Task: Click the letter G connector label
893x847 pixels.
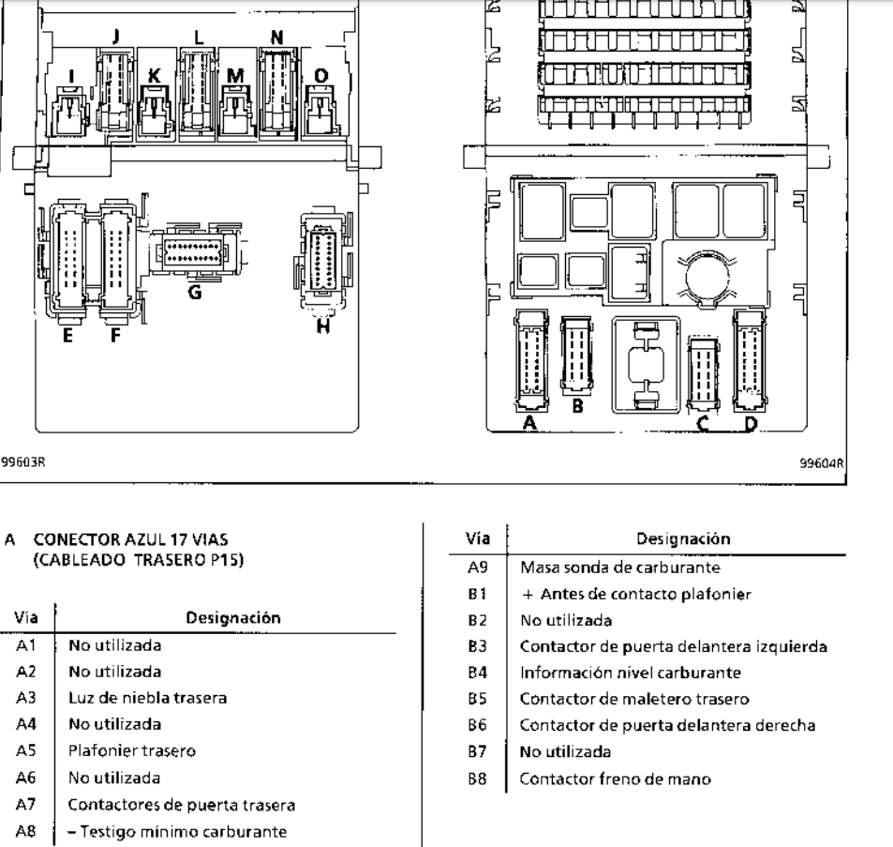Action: [195, 293]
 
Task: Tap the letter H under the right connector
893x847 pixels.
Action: [323, 326]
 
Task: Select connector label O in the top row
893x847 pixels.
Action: [321, 75]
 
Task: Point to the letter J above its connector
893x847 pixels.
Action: [116, 36]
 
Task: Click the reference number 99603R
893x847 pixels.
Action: [22, 461]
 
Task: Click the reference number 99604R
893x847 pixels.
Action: [822, 463]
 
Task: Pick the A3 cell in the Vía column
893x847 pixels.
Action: [26, 698]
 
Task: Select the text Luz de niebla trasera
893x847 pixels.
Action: [147, 698]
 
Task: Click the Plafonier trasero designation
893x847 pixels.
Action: [131, 750]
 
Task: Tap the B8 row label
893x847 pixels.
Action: [477, 779]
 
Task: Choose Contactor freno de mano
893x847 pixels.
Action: [615, 779]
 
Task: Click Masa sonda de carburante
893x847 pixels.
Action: [620, 567]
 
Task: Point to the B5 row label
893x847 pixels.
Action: [477, 699]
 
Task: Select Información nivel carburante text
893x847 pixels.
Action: [631, 673]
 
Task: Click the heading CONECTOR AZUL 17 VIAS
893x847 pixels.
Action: [131, 539]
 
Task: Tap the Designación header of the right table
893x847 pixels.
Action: [683, 538]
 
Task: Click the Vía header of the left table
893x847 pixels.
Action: [26, 617]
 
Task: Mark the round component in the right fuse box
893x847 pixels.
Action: [707, 278]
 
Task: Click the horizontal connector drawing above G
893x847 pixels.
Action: [193, 251]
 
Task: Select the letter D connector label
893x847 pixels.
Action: [752, 424]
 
